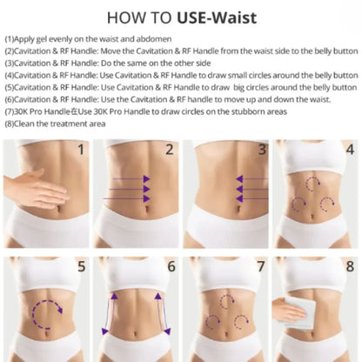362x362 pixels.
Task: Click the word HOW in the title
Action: (123, 17)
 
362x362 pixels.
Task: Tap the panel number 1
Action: (81, 150)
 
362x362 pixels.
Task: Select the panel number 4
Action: (350, 150)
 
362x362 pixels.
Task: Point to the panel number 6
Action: (171, 266)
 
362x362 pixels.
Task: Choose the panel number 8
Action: (350, 266)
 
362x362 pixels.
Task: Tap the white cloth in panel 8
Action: (298, 313)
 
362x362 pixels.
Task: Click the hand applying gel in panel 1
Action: (37, 190)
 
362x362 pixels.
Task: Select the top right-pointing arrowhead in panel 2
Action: (147, 179)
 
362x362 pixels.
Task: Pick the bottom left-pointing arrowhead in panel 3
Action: (239, 198)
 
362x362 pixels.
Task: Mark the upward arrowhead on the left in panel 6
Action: (115, 296)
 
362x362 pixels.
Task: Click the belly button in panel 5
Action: (46, 333)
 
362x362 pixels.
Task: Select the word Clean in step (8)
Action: (24, 124)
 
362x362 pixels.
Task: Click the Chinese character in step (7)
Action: (75, 111)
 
